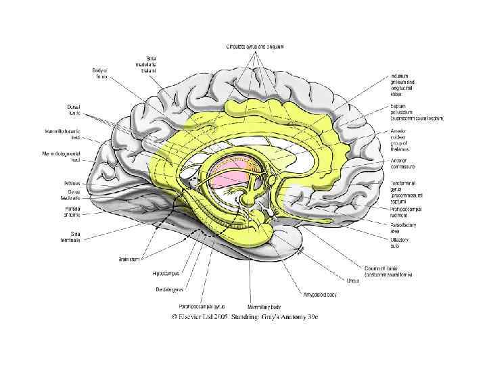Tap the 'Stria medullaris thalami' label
pos(149,65)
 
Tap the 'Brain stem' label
pos(131,259)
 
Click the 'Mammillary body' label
pos(254,306)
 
